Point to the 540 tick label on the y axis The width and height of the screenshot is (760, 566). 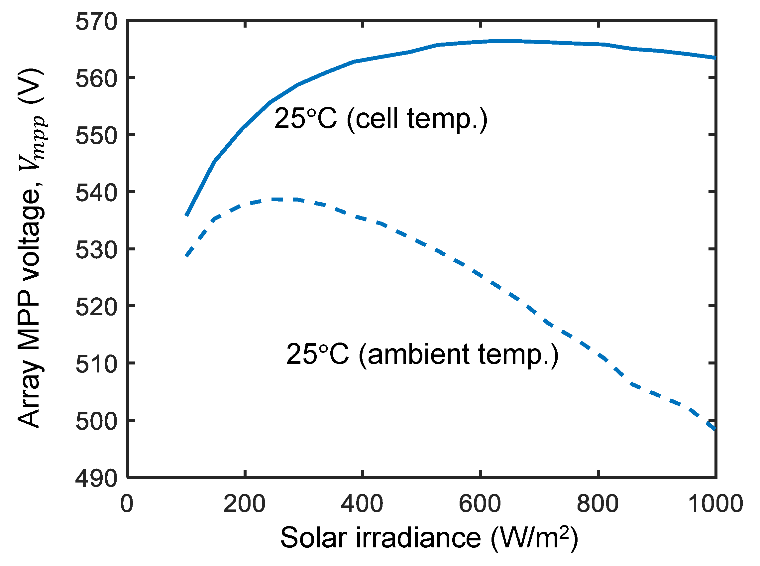click(x=96, y=193)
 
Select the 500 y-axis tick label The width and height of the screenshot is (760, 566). click(x=96, y=421)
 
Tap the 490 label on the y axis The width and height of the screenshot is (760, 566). click(x=96, y=479)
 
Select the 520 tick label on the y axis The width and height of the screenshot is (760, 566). click(x=96, y=307)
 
